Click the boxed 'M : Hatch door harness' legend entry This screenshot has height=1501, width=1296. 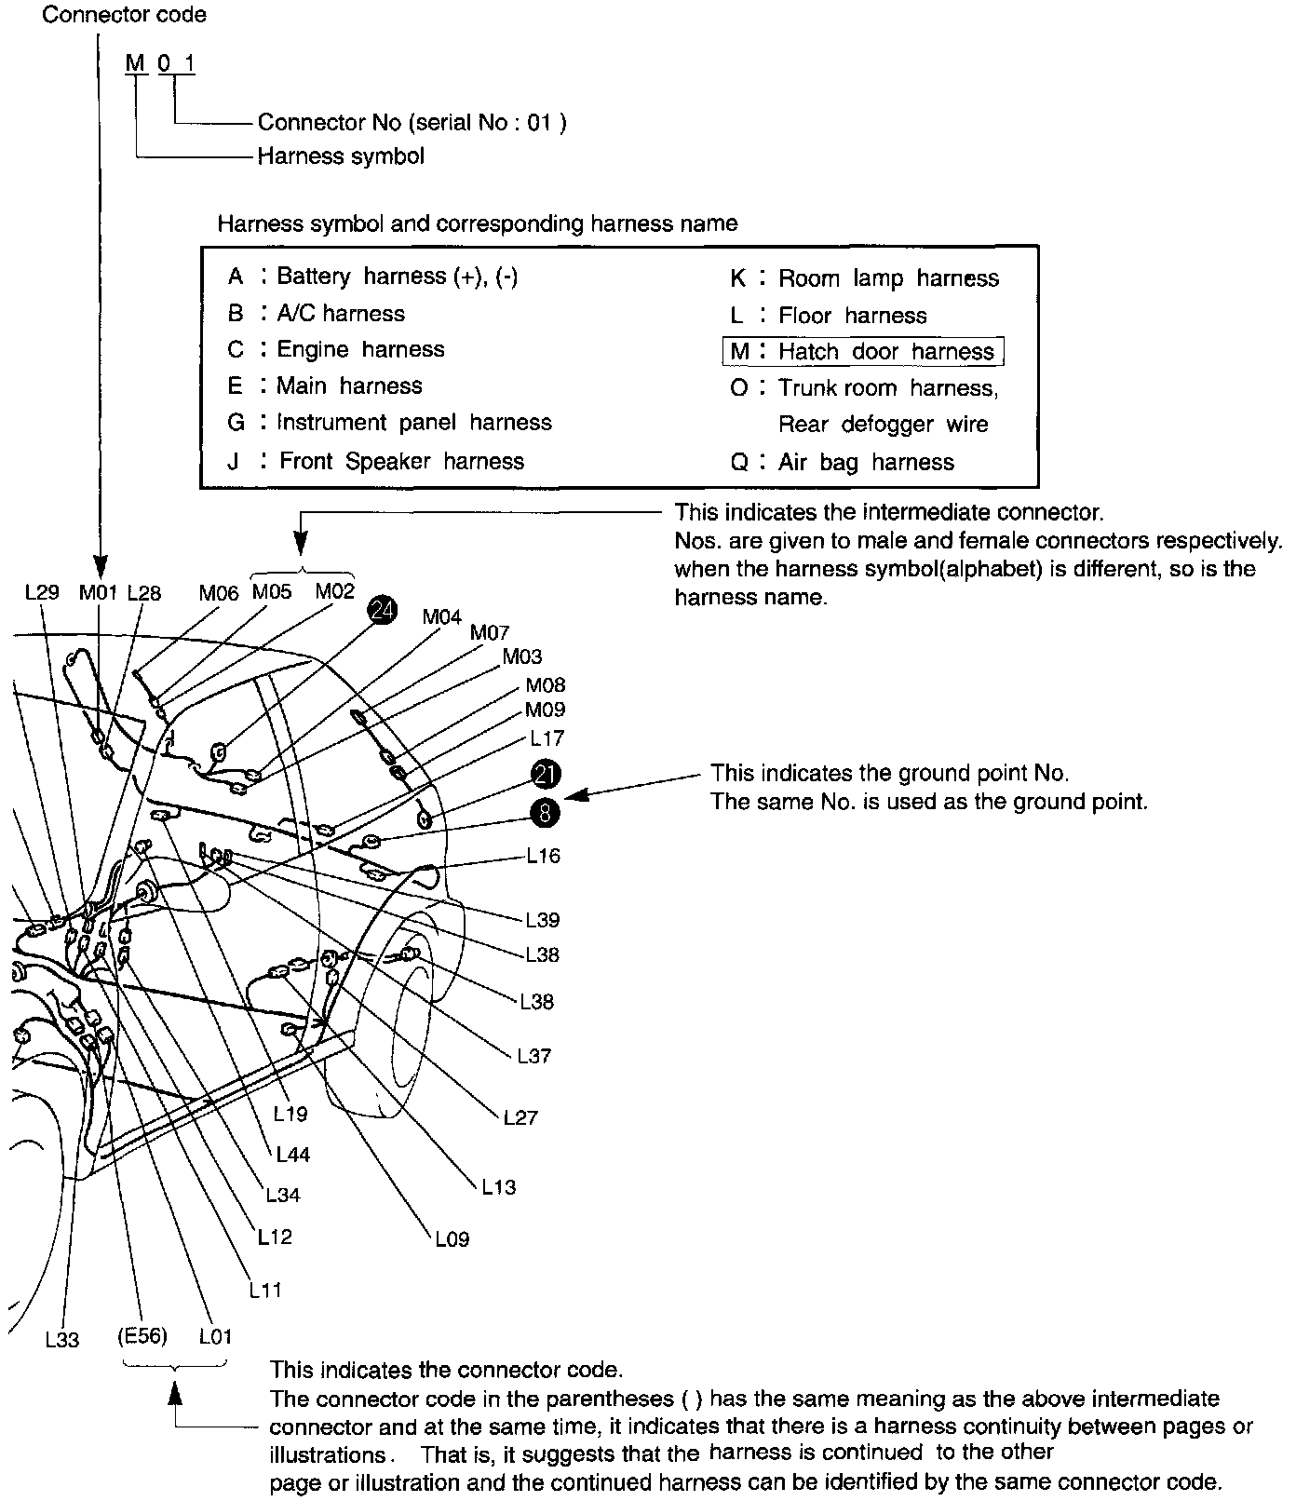[x=863, y=351]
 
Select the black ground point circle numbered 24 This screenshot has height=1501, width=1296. [x=383, y=610]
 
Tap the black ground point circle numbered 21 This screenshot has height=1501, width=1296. [x=546, y=773]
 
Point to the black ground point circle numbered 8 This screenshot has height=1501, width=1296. [x=546, y=812]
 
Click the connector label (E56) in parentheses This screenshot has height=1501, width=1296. [x=142, y=1336]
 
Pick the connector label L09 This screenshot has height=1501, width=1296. [x=452, y=1239]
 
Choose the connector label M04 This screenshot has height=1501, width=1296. [x=441, y=616]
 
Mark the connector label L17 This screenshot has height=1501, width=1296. [x=547, y=738]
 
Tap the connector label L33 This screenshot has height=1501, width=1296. [x=62, y=1340]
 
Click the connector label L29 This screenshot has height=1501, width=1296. [x=42, y=592]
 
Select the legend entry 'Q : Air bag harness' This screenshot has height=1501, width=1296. [x=843, y=462]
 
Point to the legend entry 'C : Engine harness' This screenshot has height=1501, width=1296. [x=336, y=349]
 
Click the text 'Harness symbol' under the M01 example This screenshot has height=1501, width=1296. [x=341, y=156]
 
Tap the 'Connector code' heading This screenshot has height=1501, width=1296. [x=125, y=15]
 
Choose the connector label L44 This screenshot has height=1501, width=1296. [x=292, y=1155]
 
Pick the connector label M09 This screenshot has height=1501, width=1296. [x=545, y=710]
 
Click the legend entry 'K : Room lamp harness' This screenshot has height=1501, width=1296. [x=864, y=277]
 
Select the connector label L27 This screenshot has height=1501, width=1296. [x=520, y=1117]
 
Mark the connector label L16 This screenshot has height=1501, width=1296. [x=543, y=856]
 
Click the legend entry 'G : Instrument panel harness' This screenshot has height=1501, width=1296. [x=390, y=423]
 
